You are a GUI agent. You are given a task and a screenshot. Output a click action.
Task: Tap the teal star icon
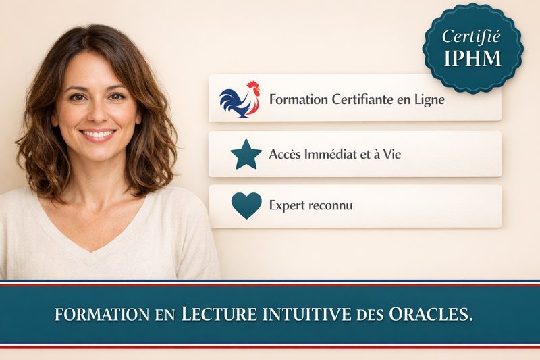(x=246, y=154)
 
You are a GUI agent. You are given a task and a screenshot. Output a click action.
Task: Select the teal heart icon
(x=246, y=205)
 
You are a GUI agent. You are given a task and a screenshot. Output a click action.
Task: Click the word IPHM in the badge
(x=473, y=58)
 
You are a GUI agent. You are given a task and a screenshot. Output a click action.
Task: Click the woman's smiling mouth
(x=98, y=134)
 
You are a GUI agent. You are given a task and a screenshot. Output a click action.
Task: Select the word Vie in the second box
(x=392, y=155)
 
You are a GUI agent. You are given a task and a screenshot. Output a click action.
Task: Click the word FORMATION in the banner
(x=101, y=315)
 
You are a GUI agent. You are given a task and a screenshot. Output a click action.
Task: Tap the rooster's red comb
(x=252, y=86)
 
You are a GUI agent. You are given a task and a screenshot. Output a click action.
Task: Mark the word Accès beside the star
(x=284, y=155)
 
